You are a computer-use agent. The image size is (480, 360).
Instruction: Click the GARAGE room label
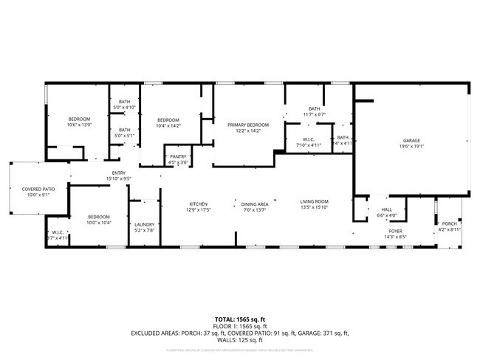tap(411, 140)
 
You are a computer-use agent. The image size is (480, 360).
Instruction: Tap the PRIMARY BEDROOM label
tap(248, 125)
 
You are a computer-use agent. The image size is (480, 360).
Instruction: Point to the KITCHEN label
tap(198, 204)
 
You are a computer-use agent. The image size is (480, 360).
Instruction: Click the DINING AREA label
tap(254, 204)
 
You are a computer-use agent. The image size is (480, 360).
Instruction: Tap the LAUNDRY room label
tap(143, 225)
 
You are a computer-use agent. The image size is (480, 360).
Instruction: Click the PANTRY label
tap(178, 156)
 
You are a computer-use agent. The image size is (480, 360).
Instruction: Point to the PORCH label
tap(450, 224)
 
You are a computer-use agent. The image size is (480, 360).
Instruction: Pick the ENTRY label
tap(118, 173)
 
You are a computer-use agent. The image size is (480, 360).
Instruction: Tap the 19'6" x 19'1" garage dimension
tap(411, 146)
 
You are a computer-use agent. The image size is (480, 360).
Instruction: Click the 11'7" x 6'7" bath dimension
tap(315, 114)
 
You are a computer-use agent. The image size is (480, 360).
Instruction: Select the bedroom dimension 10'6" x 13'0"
tap(79, 125)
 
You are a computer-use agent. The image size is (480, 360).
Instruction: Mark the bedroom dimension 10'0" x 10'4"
tap(79, 222)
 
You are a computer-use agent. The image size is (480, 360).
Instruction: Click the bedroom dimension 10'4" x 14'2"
tap(168, 125)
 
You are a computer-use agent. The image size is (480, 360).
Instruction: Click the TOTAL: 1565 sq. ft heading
tap(240, 319)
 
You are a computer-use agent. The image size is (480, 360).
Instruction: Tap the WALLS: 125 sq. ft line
tap(240, 341)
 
